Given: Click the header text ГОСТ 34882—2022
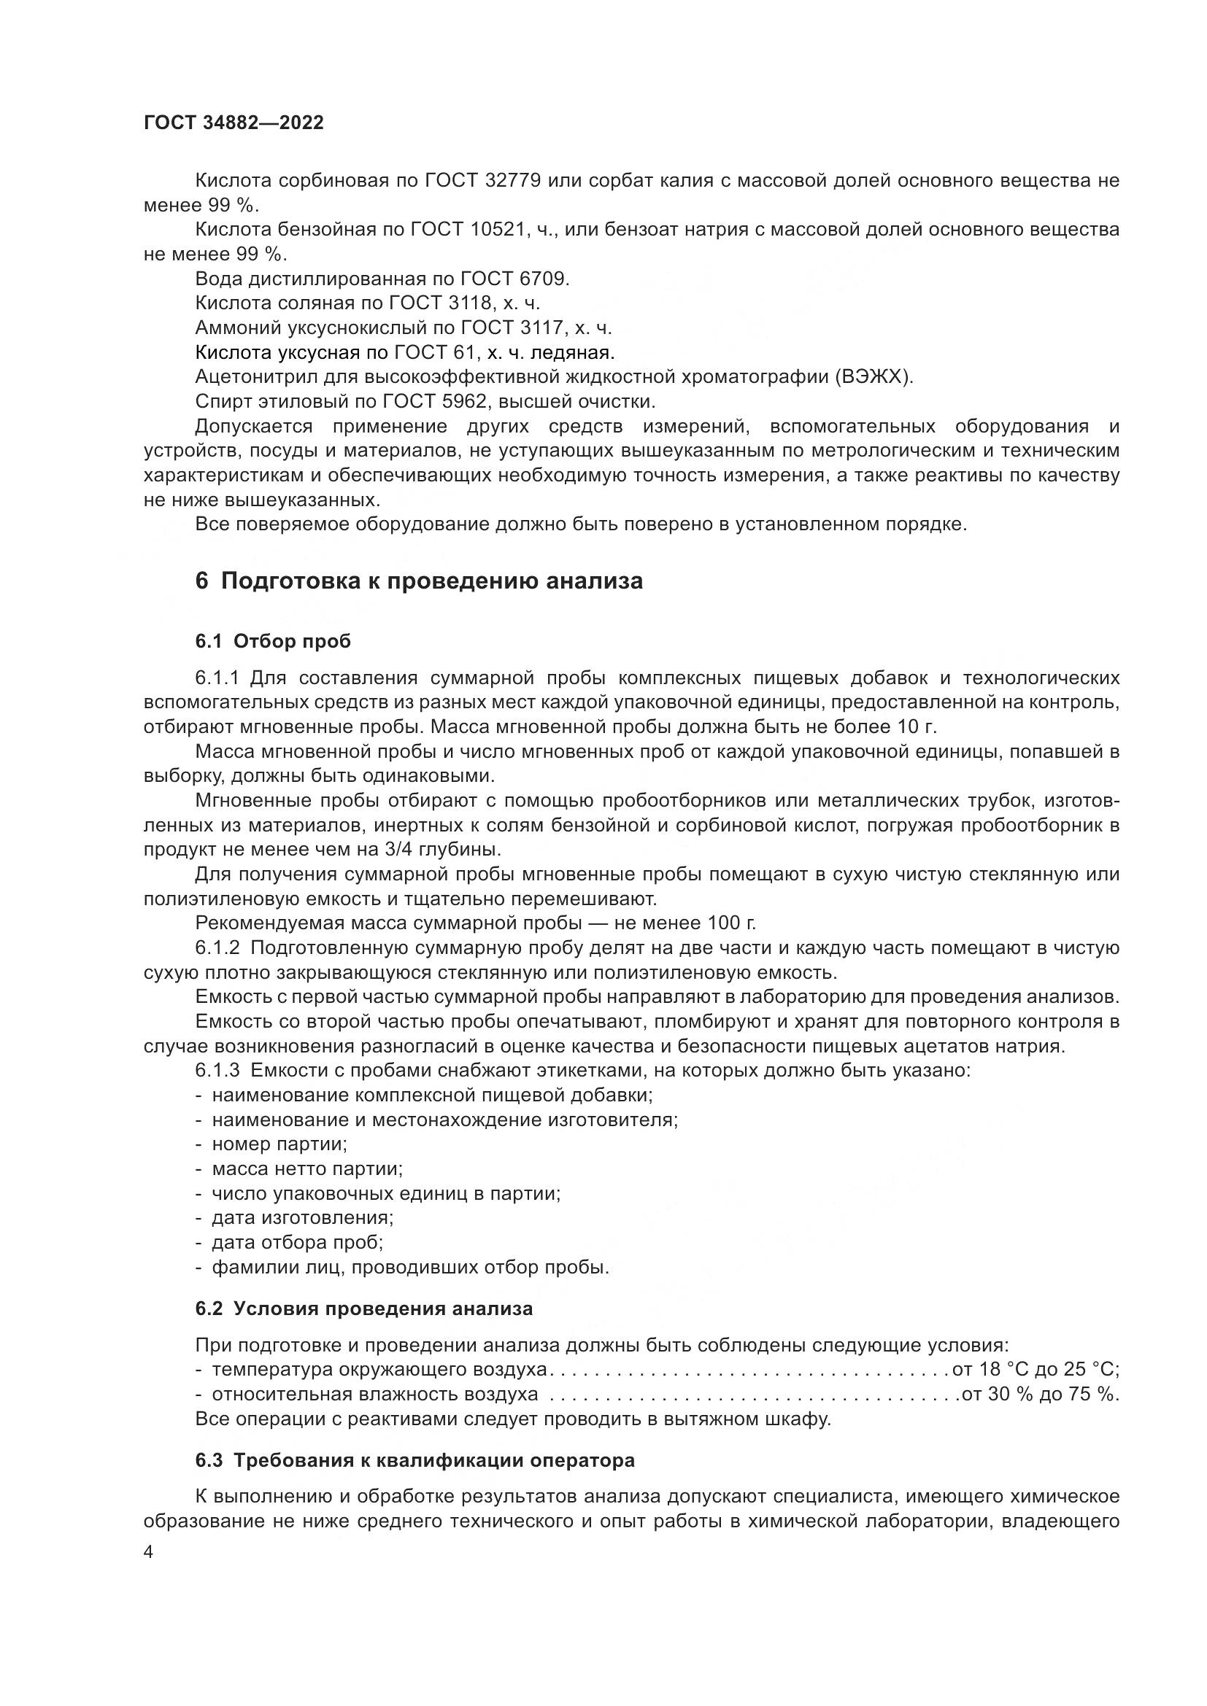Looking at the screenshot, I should click(x=234, y=123).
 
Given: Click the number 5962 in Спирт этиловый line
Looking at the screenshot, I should click(x=464, y=402).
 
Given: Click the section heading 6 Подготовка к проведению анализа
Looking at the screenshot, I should click(x=419, y=581).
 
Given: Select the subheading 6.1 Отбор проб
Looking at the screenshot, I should click(x=273, y=641).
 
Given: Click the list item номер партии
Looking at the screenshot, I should click(x=279, y=1144).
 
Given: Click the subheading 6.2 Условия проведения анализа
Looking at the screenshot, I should click(x=364, y=1308).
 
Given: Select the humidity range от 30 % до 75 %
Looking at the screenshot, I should click(x=1040, y=1394).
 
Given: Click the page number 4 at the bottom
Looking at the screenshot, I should click(x=149, y=1552).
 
